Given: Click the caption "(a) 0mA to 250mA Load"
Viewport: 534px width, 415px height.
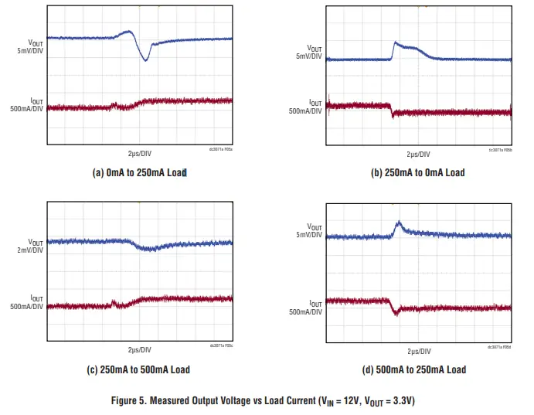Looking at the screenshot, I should (x=140, y=172).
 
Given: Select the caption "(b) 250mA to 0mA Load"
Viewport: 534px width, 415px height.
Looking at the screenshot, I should (x=419, y=172).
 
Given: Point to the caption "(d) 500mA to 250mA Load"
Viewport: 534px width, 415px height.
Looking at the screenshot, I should (x=419, y=369).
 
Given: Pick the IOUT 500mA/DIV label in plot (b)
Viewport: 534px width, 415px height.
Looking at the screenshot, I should (x=306, y=107).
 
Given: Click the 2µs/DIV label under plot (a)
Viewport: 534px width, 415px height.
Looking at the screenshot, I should (x=140, y=154).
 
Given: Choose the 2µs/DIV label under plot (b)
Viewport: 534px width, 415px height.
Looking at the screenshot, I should (x=419, y=155).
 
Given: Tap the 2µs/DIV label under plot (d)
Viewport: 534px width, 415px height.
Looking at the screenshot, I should (x=419, y=352).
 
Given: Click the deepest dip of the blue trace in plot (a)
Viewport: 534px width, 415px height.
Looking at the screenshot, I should (x=145, y=60).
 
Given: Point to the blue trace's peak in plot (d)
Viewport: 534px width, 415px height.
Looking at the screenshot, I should (x=399, y=224).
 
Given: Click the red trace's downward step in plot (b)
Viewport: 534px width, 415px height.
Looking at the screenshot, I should (x=392, y=111).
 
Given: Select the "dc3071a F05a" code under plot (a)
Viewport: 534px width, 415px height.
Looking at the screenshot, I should (x=221, y=150).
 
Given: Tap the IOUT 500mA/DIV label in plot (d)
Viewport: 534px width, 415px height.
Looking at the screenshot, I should (x=306, y=307).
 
